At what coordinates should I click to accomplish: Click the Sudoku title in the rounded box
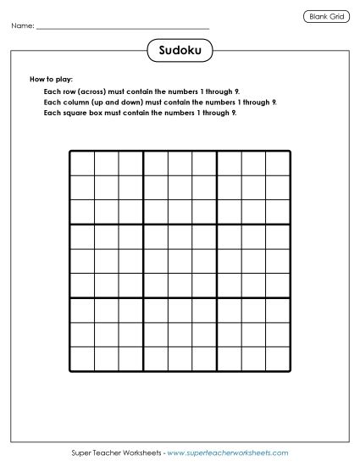[180, 52]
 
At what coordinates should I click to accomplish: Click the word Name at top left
[22, 27]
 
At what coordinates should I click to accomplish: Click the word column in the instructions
[69, 101]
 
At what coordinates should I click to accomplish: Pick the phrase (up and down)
[114, 101]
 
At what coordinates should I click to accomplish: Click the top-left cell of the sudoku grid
[81, 163]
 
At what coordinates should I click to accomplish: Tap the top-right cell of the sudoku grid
[278, 163]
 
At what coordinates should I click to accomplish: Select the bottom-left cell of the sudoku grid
[81, 359]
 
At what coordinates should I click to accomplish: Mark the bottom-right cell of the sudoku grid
[278, 359]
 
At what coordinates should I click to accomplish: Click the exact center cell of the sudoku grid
[180, 261]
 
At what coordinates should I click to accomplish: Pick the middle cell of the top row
[180, 163]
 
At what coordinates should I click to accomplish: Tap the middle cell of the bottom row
[180, 359]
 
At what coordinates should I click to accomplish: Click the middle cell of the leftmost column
[81, 261]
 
